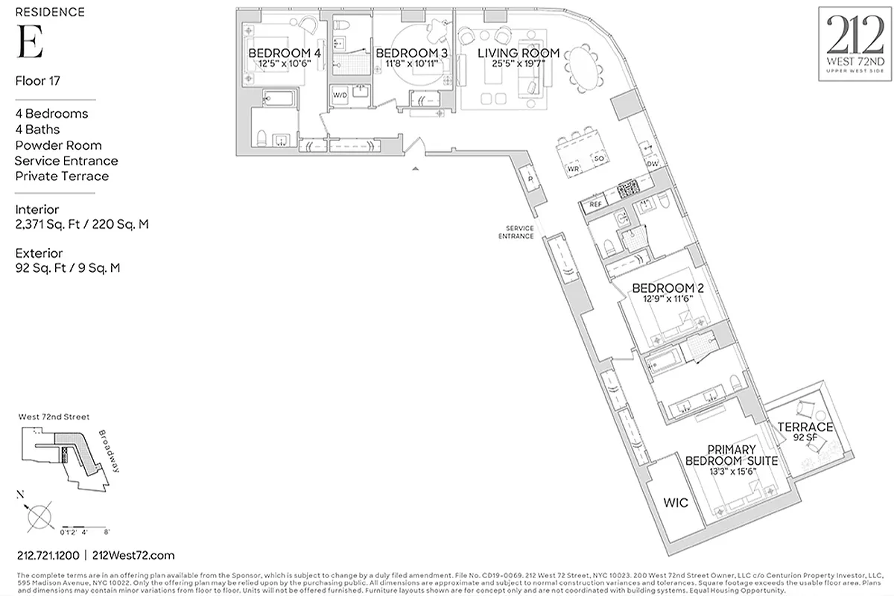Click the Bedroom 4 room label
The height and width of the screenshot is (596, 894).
pyautogui.click(x=285, y=54)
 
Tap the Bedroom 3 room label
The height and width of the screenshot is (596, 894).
pyautogui.click(x=412, y=54)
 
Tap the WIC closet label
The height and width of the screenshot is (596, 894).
pyautogui.click(x=675, y=503)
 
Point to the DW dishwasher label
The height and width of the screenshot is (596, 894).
pyautogui.click(x=652, y=164)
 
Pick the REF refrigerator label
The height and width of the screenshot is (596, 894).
pyautogui.click(x=596, y=203)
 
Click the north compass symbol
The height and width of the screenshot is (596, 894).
pyautogui.click(x=38, y=515)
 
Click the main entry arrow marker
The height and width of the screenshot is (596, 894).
pyautogui.click(x=416, y=170)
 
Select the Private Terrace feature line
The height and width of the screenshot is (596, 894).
pyautogui.click(x=62, y=176)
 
